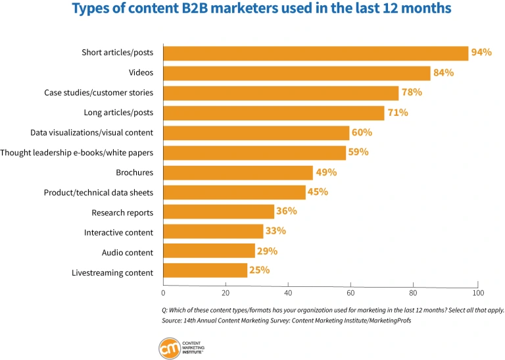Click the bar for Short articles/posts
click(x=316, y=53)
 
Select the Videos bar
click(x=297, y=73)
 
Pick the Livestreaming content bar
click(x=205, y=271)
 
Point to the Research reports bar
click(x=218, y=212)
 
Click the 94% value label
click(x=481, y=53)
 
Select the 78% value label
click(x=412, y=92)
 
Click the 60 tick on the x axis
click(x=351, y=292)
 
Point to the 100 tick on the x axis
click(x=478, y=292)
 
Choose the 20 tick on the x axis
click(x=226, y=292)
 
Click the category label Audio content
click(x=127, y=253)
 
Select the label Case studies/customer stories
click(x=99, y=93)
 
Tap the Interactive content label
click(x=118, y=233)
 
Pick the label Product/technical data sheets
click(x=99, y=193)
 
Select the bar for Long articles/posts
click(x=274, y=113)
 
